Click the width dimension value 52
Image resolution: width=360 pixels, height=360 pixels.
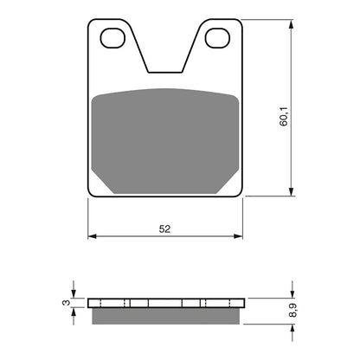164,228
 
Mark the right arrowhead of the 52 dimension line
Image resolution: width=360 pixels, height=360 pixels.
239,235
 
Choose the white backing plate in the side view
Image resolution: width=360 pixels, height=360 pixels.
164,304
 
